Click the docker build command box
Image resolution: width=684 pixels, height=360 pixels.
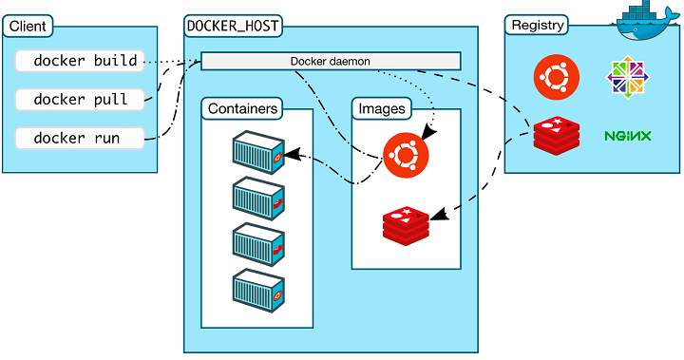tap(81, 61)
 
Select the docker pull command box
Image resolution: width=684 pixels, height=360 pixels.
tap(81, 99)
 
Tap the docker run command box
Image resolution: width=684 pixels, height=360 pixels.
tap(81, 138)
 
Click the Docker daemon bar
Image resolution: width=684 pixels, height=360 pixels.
tap(330, 61)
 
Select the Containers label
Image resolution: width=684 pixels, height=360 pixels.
tap(243, 108)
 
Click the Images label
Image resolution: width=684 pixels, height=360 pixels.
tap(382, 108)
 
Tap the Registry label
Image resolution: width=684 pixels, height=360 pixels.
tap(538, 26)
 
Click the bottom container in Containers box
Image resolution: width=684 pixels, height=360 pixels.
tap(257, 288)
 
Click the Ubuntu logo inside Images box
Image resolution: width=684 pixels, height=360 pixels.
tap(406, 153)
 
